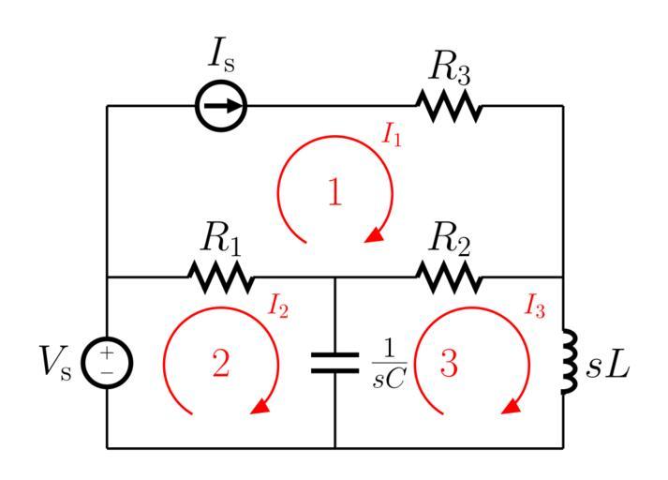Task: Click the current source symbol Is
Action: (x=221, y=106)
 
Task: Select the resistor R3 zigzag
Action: (x=449, y=106)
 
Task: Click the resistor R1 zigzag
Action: (x=221, y=277)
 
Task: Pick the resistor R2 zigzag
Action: (x=449, y=277)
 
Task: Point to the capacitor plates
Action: (x=334, y=363)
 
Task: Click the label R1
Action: (x=222, y=240)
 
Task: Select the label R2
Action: (x=450, y=240)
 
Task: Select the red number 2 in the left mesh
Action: (x=220, y=364)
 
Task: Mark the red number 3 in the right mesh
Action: (x=449, y=365)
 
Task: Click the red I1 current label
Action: (x=393, y=134)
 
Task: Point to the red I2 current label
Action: (x=278, y=304)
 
